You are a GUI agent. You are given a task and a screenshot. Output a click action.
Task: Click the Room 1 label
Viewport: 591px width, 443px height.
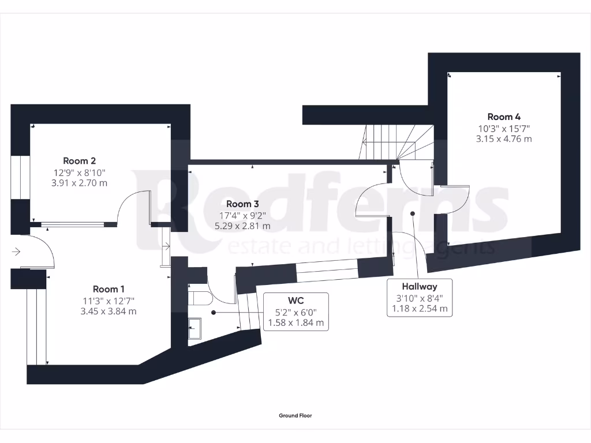[109, 288]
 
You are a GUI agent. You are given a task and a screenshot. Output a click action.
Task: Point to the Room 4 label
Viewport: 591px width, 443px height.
[504, 117]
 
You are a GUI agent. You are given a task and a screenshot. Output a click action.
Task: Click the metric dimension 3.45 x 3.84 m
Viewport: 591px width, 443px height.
[109, 311]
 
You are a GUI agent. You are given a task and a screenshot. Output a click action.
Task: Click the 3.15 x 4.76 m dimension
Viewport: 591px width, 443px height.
[504, 138]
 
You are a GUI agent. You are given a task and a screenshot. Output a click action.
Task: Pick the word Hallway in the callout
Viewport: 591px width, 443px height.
[420, 286]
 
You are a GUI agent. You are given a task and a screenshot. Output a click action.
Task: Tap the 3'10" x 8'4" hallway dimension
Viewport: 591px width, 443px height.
[420, 298]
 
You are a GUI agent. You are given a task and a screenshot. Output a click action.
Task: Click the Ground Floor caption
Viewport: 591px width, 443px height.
[295, 415]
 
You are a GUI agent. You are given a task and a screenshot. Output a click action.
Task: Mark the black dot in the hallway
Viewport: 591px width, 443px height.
[413, 213]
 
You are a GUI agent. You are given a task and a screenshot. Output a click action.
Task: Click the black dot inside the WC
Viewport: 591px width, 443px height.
[214, 312]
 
